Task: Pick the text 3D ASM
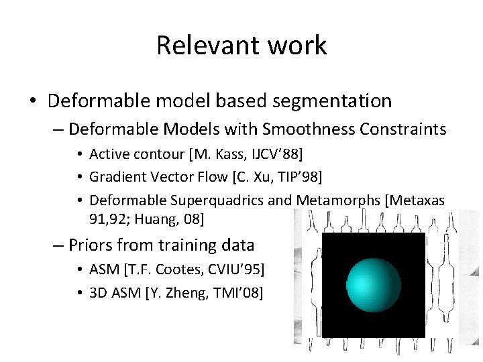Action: (x=115, y=292)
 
